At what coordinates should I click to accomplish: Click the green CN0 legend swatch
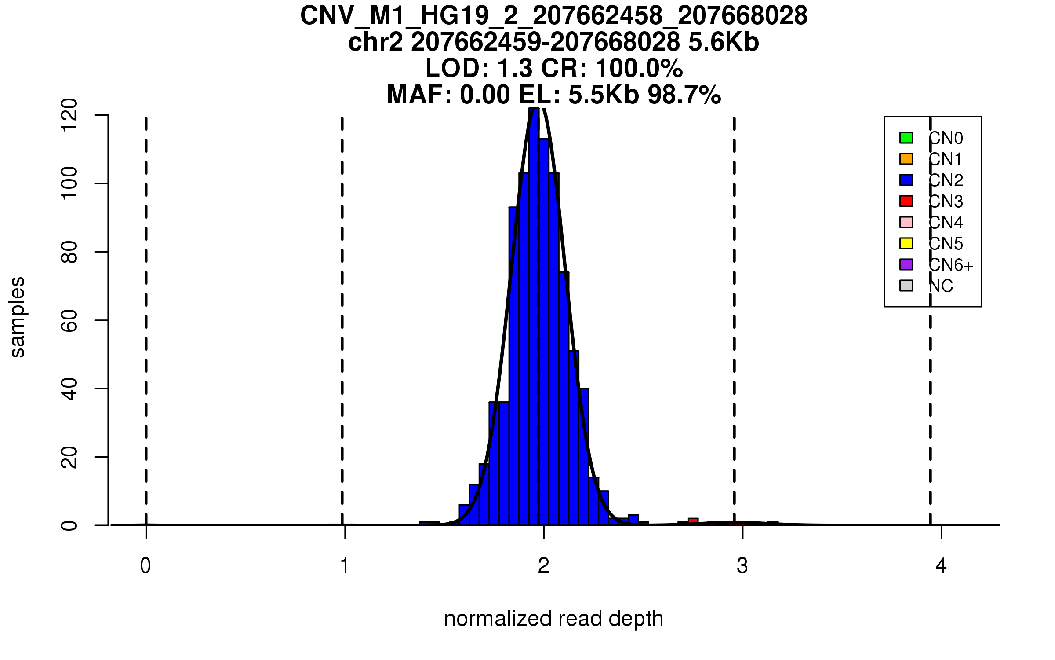[x=906, y=138]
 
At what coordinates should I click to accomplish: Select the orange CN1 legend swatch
[x=906, y=159]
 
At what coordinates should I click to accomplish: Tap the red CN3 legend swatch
[x=906, y=201]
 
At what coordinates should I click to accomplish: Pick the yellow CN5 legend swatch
[x=906, y=243]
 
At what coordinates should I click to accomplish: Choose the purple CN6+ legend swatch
[x=906, y=264]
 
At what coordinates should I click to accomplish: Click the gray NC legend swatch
[x=906, y=286]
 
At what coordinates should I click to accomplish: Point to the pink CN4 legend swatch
[x=906, y=222]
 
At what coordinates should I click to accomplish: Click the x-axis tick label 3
[x=742, y=566]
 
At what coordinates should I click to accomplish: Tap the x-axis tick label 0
[x=146, y=566]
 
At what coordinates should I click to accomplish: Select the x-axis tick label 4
[x=941, y=566]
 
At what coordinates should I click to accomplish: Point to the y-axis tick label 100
[x=69, y=183]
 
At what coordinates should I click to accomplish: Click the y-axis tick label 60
[x=69, y=320]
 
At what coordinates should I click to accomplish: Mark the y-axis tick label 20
[x=69, y=457]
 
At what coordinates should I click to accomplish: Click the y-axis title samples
[x=18, y=317]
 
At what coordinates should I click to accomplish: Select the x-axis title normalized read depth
[x=553, y=619]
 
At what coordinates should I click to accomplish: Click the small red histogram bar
[x=693, y=522]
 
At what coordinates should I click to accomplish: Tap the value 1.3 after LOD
[x=515, y=69]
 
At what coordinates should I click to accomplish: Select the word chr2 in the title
[x=375, y=43]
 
